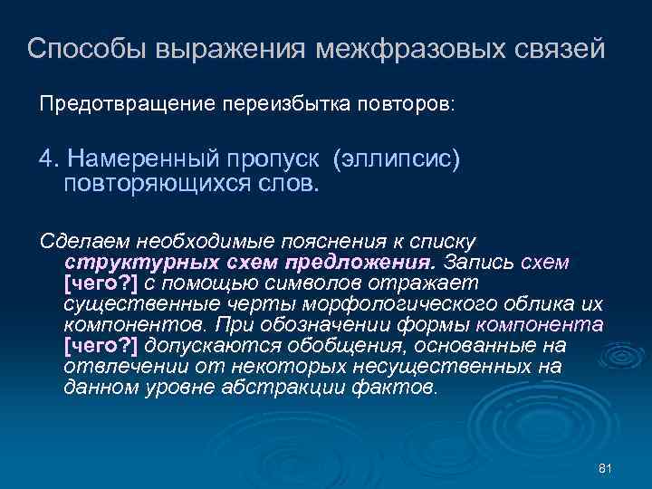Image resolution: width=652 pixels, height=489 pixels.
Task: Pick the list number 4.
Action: [x=45, y=159]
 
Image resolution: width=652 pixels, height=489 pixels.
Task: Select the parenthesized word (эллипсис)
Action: [x=397, y=159]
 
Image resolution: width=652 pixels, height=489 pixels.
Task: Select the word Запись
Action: [x=480, y=262]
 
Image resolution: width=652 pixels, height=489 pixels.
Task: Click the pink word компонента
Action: [x=540, y=325]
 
